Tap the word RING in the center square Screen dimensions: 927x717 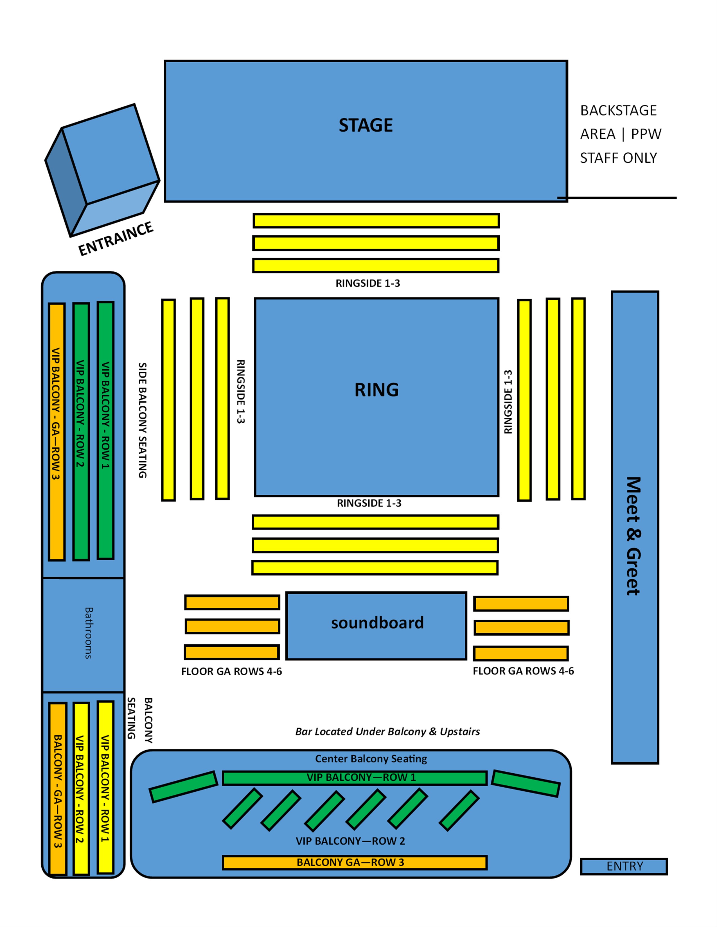pos(377,390)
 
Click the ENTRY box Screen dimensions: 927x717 pos(624,866)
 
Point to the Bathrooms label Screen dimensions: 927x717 pos(88,632)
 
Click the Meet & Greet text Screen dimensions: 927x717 pos(633,536)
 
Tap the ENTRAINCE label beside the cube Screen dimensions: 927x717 pos(116,239)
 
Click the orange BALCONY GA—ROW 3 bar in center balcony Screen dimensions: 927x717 pos(354,862)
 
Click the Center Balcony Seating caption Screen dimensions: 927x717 pos(371,758)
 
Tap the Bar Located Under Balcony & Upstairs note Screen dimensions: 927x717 pos(387,731)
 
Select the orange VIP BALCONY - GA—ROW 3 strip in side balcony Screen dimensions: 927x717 pos(57,432)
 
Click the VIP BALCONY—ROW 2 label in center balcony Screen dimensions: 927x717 pos(350,841)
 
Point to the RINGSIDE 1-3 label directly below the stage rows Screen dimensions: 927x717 pos(367,283)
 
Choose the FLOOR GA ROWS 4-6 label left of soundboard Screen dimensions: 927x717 pos(231,671)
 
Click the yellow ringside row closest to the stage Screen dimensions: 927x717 pos(376,221)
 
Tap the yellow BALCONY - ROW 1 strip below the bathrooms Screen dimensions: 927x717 pos(105,788)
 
